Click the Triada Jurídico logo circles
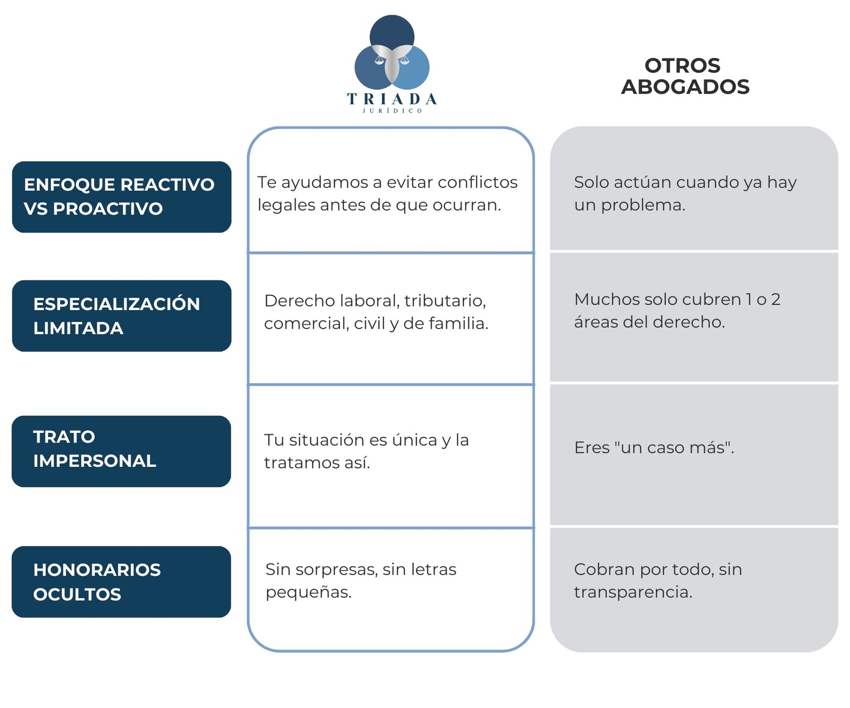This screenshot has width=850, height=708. pos(392,53)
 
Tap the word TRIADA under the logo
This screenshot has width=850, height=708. pos(392,99)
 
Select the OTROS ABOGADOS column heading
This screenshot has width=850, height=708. pos(685,76)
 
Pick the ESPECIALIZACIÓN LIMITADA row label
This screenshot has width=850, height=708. pos(116,316)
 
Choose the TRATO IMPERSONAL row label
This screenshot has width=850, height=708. pos(95,449)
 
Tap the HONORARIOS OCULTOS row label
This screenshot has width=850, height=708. pos(97,582)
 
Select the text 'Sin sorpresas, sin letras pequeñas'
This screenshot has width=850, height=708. pos(361,581)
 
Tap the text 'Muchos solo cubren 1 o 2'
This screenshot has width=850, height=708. pos(677,300)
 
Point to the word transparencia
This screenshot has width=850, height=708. pos(633,592)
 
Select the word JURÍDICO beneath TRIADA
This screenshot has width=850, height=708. pos(392,110)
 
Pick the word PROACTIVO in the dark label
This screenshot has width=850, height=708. pos(108,209)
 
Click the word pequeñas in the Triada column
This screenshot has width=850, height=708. pos(309,592)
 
